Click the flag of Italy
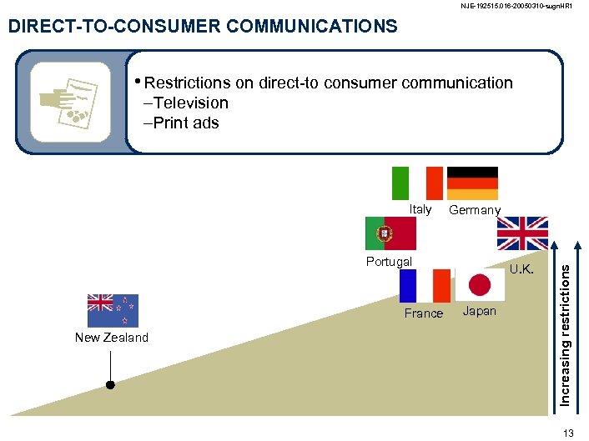pos(417,183)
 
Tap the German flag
pos(473,183)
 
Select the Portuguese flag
pos(390,233)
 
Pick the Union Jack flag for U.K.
pos(523,233)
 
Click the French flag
pos(425,286)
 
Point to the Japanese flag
pos(480,285)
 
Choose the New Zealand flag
pos(113,310)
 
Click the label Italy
pos(420,209)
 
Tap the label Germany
pos(475,210)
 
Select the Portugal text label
pos(389,262)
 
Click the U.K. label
pos(522,269)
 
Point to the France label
pos(424,313)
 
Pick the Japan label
pos(479,311)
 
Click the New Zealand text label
pos(112,338)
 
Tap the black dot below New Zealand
pos(109,385)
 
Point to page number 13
pos(569,432)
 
